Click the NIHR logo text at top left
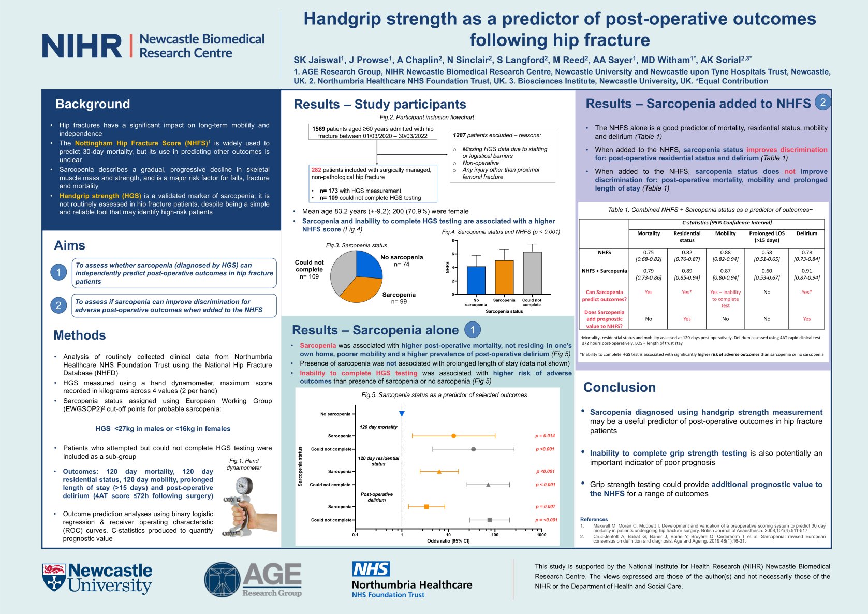pos(82,46)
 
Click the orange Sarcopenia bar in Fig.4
pos(504,277)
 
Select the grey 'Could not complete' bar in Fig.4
pos(532,273)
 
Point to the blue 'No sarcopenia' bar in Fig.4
pos(476,280)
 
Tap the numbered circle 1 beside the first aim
pos(58,272)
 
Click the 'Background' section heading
pos(93,104)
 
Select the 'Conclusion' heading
pos(619,387)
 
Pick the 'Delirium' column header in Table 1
pos(806,233)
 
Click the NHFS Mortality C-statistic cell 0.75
pos(648,253)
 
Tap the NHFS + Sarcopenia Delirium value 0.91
pos(806,271)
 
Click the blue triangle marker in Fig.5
pos(402,414)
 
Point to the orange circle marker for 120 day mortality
pos(454,436)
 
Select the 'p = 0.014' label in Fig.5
pos(545,436)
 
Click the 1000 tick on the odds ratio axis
pos(541,535)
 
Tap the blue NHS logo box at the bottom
pos(371,569)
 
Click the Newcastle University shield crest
pos(54,577)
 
